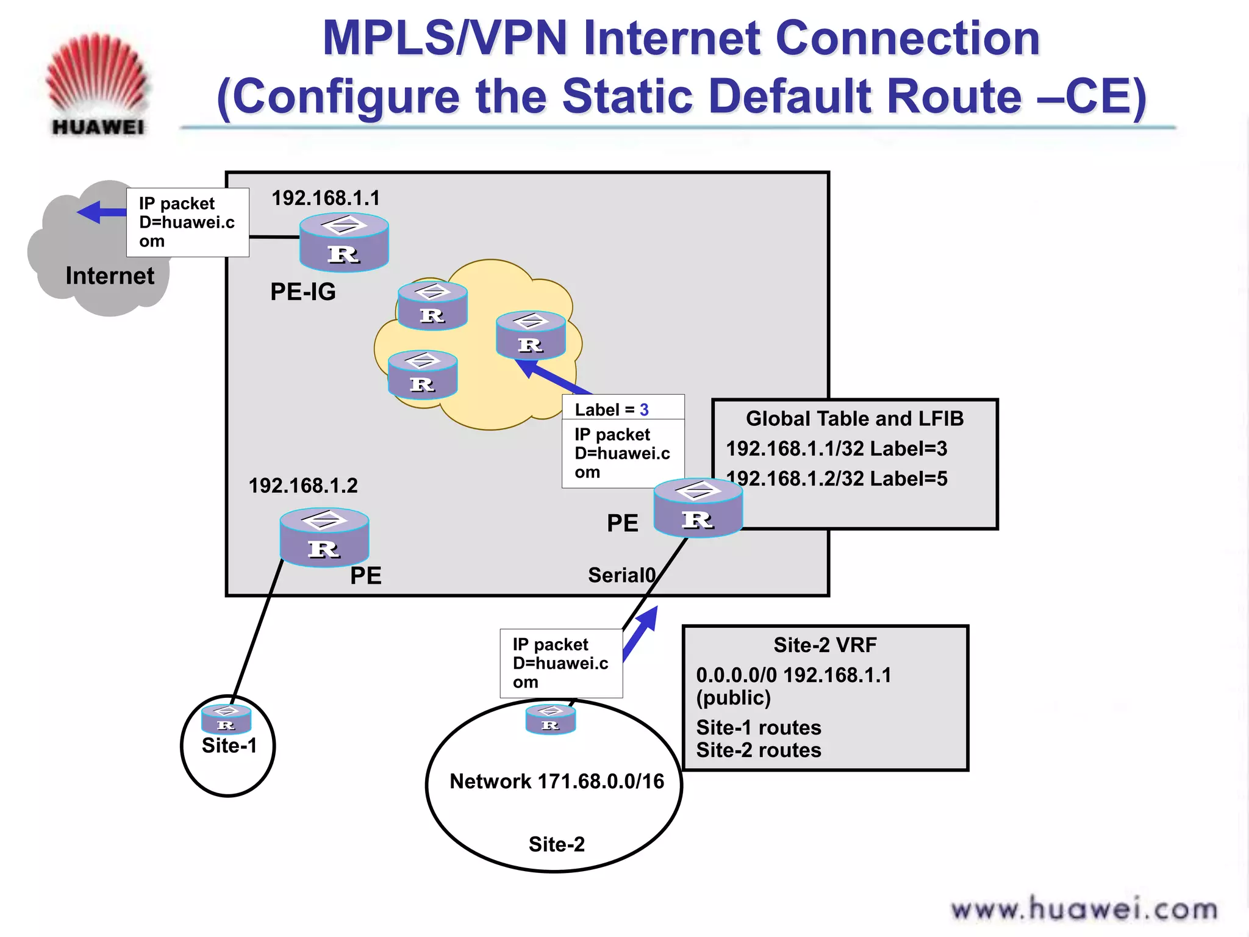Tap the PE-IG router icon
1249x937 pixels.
click(344, 242)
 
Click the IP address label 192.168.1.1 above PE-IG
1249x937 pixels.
click(326, 198)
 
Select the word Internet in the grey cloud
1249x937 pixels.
click(110, 276)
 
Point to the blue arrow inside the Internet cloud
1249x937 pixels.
click(101, 212)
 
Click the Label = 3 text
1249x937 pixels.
click(612, 409)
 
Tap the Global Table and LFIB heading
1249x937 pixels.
click(854, 418)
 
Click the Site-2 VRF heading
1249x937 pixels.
click(825, 645)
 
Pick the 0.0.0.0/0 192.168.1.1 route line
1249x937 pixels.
click(793, 675)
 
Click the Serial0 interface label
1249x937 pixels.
click(621, 575)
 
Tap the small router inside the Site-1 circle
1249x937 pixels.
click(226, 719)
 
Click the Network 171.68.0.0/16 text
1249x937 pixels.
click(557, 781)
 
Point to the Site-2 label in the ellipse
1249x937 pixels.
click(556, 844)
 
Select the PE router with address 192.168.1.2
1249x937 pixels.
click(324, 537)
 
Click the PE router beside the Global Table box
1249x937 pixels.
click(698, 508)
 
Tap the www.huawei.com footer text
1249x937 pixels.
click(1084, 910)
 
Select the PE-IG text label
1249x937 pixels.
click(303, 292)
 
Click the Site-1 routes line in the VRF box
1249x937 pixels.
click(759, 728)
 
